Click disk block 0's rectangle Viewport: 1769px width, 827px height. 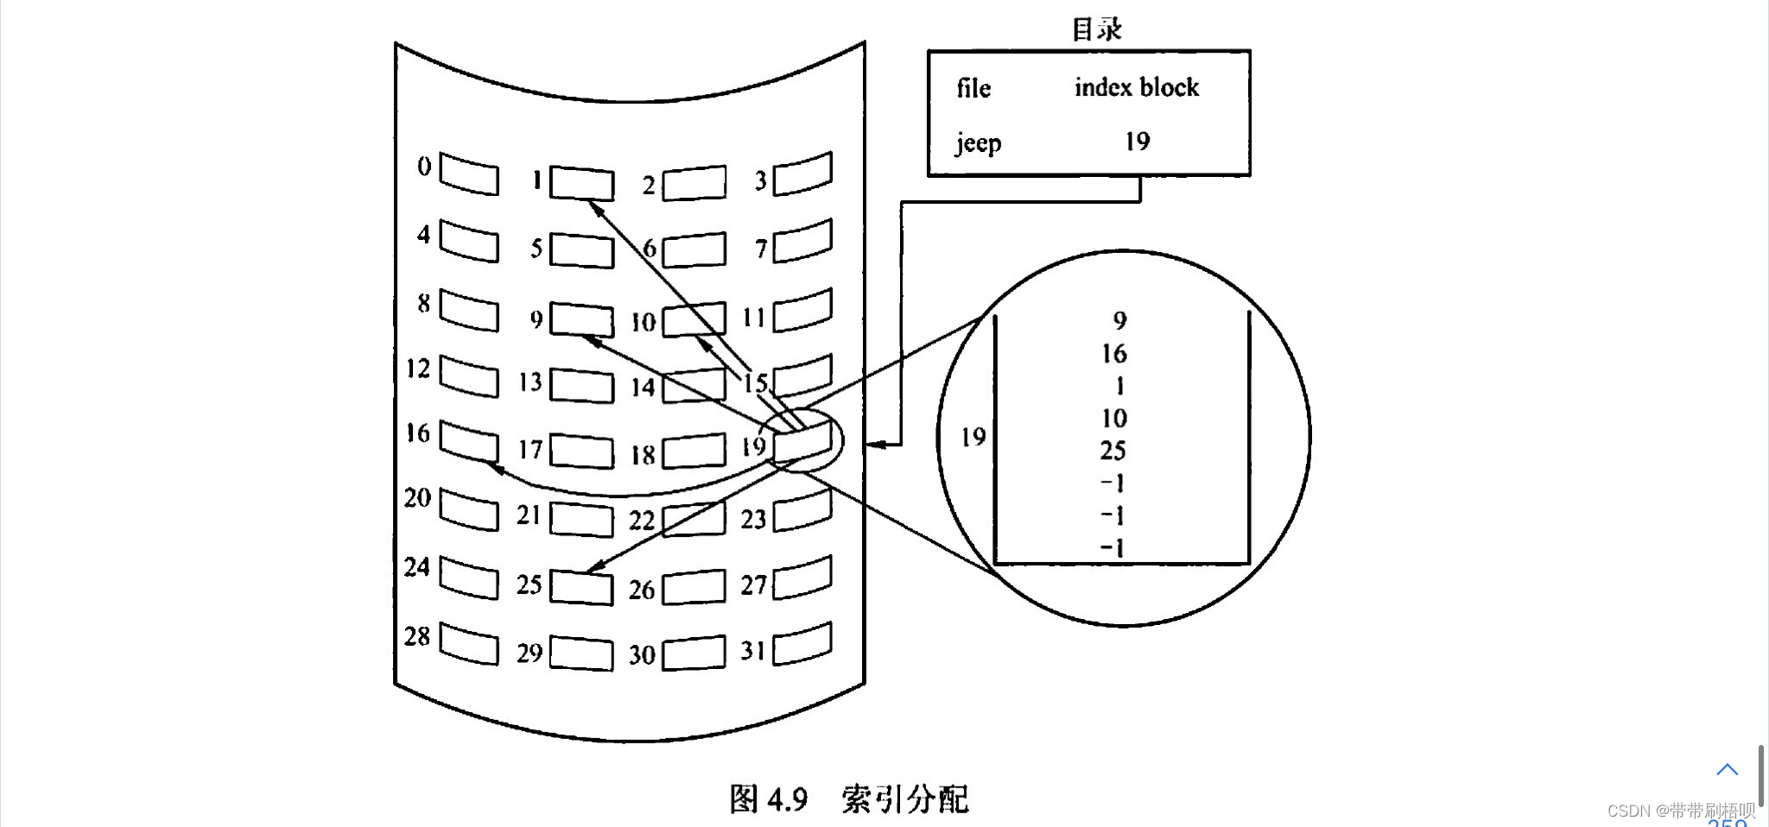pos(469,174)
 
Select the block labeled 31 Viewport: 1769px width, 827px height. pos(802,644)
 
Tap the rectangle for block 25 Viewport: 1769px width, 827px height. pos(581,588)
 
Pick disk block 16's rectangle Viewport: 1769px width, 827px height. pos(469,441)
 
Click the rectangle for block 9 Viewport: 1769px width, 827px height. pos(581,319)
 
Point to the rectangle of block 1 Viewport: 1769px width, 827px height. pos(581,183)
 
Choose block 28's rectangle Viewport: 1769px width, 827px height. pos(469,644)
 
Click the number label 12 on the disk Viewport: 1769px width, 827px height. pos(418,369)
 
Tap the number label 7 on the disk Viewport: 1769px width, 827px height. pos(761,249)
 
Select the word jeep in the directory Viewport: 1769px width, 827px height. pos(978,142)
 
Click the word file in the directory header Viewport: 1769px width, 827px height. pos(973,88)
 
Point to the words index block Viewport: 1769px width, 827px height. pos(1137,87)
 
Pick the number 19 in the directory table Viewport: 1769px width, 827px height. pos(1138,142)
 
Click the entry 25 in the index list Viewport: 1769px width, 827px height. pos(1113,451)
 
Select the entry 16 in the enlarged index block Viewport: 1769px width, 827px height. pos(1114,354)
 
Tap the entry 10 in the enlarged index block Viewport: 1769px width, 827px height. pos(1114,419)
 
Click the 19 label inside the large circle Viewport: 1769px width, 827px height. pos(973,437)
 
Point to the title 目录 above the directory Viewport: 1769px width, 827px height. pos(1097,29)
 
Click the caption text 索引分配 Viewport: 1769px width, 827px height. pos(905,799)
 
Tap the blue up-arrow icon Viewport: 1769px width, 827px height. pos(1727,769)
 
